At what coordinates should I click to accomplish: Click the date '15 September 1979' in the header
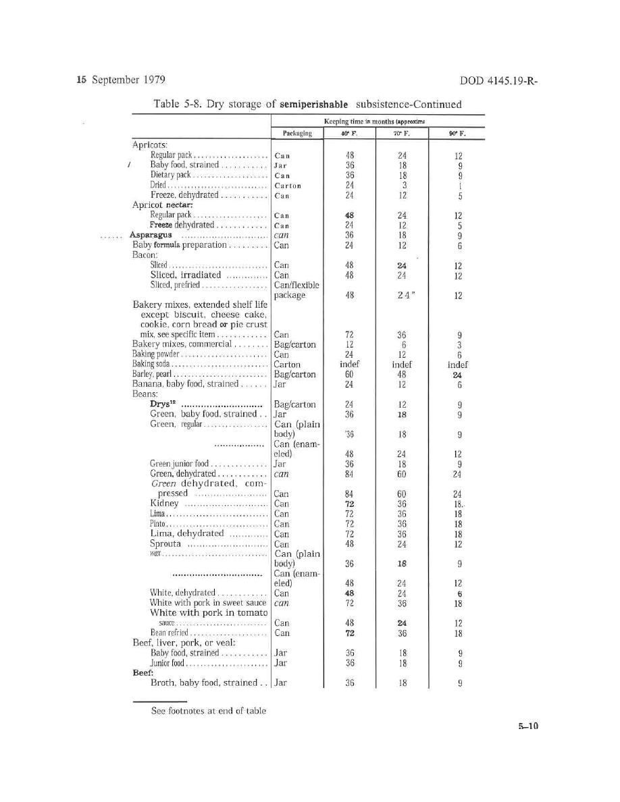click(x=122, y=81)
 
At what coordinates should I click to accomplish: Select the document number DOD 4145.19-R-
click(x=502, y=82)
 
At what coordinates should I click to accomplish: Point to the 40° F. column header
click(x=349, y=134)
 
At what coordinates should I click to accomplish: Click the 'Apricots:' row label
click(x=150, y=144)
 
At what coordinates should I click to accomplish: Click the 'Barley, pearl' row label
click(x=153, y=375)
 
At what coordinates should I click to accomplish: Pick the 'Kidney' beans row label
click(x=164, y=504)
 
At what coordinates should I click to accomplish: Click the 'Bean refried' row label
click(x=170, y=633)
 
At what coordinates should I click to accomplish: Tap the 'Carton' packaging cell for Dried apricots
click(x=288, y=185)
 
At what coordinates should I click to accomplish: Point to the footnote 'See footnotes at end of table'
click(x=208, y=710)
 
